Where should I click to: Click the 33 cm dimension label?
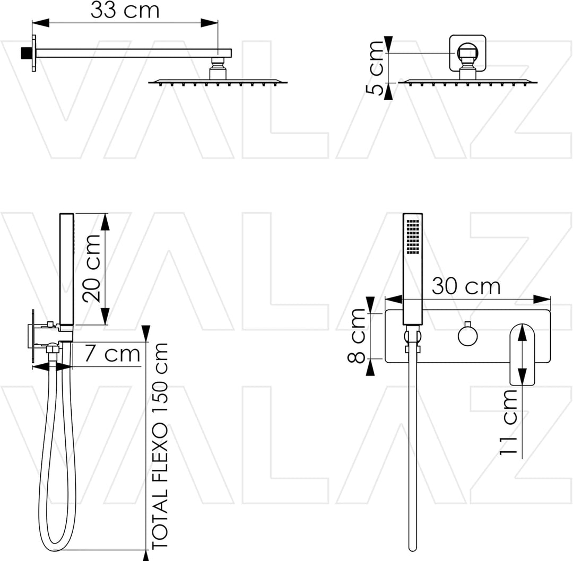click(x=125, y=10)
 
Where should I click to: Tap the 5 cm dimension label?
click(x=375, y=68)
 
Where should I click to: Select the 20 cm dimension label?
click(x=91, y=268)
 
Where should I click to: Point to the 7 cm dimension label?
click(x=112, y=354)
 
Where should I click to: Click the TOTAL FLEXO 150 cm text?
click(x=160, y=446)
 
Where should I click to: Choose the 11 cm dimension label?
click(x=508, y=422)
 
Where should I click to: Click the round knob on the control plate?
click(x=467, y=335)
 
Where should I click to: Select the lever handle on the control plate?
click(x=523, y=354)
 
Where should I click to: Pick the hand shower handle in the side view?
click(x=66, y=269)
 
